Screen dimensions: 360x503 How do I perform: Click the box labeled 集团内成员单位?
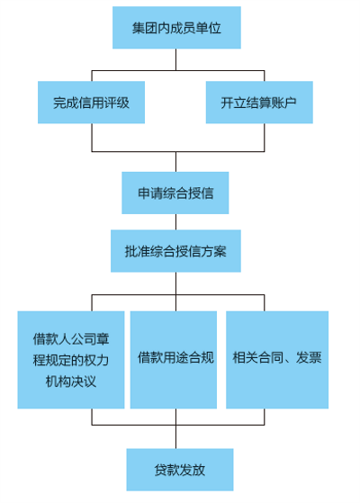point(176,28)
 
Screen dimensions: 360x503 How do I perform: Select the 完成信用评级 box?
point(92,103)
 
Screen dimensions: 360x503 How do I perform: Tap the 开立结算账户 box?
point(259,103)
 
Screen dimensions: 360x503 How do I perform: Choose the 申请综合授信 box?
point(175,193)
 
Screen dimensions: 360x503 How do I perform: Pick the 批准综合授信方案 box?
point(175,251)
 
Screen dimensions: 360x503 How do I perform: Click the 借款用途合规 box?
point(174,360)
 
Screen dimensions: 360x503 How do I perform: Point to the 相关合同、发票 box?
point(277,360)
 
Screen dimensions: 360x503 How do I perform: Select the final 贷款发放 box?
point(180,470)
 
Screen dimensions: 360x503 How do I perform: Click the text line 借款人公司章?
point(71,338)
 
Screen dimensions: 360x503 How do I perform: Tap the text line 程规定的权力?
point(71,360)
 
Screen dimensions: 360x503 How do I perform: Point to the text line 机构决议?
point(71,382)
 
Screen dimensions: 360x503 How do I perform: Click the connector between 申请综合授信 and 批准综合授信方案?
point(175,222)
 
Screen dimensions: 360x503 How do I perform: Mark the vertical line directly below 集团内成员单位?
point(175,59)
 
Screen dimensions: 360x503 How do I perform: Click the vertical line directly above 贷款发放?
point(175,437)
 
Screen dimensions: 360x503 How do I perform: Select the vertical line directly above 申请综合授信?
point(175,162)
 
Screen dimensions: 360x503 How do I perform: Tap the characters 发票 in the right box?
point(309,357)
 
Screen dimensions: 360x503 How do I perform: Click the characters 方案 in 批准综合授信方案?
point(213,251)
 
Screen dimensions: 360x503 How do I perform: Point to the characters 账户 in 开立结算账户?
point(284,103)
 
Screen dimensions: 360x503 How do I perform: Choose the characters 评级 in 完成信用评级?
point(116,103)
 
